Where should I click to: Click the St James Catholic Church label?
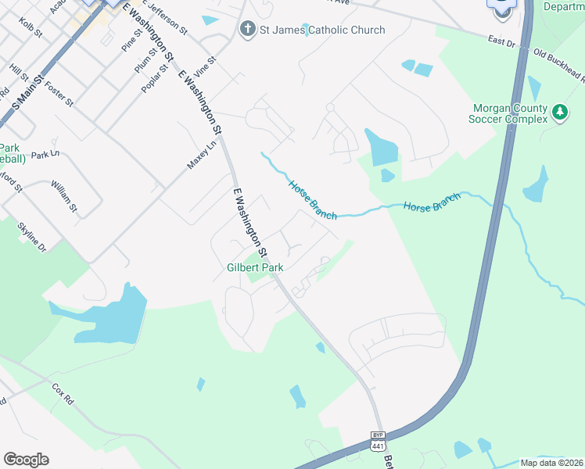[322, 30]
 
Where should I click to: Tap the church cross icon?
[247, 30]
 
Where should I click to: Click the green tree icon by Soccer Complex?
[560, 113]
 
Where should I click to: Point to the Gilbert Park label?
[255, 267]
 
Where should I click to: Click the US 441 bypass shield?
[378, 440]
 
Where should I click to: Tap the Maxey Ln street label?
[201, 155]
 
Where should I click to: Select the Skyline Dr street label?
[32, 234]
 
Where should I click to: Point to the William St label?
[63, 196]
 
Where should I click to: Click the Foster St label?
[59, 93]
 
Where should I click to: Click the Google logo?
[26, 460]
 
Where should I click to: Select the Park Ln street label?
[46, 155]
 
